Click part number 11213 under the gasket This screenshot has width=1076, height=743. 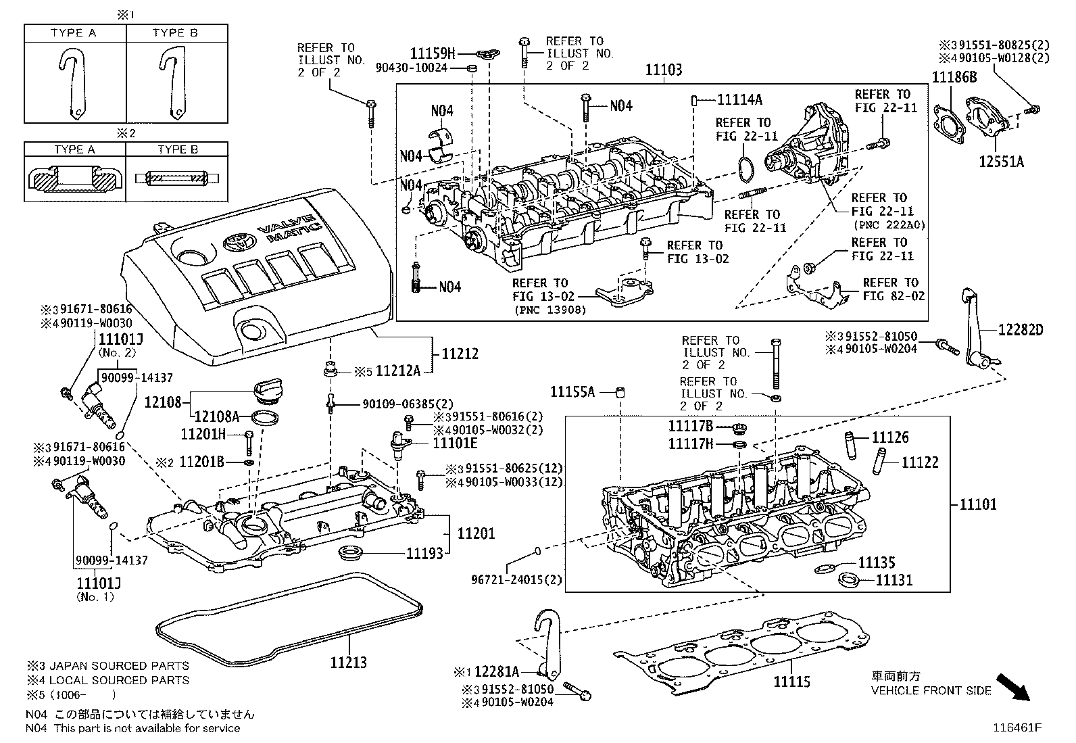[x=348, y=662]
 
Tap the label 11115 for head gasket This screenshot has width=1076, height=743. [x=791, y=682]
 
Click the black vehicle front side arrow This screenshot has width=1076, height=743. [x=1015, y=687]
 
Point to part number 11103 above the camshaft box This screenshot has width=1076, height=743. [x=663, y=70]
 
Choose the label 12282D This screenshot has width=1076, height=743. [x=1021, y=330]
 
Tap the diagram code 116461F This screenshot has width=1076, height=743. [x=1016, y=728]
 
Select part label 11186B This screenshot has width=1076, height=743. [x=954, y=77]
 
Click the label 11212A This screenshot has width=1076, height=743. [x=398, y=370]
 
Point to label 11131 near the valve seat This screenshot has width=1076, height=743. [x=894, y=580]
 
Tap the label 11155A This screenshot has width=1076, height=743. [x=572, y=391]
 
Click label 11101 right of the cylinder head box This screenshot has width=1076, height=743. [x=978, y=504]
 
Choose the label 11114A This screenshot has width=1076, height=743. [x=739, y=99]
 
